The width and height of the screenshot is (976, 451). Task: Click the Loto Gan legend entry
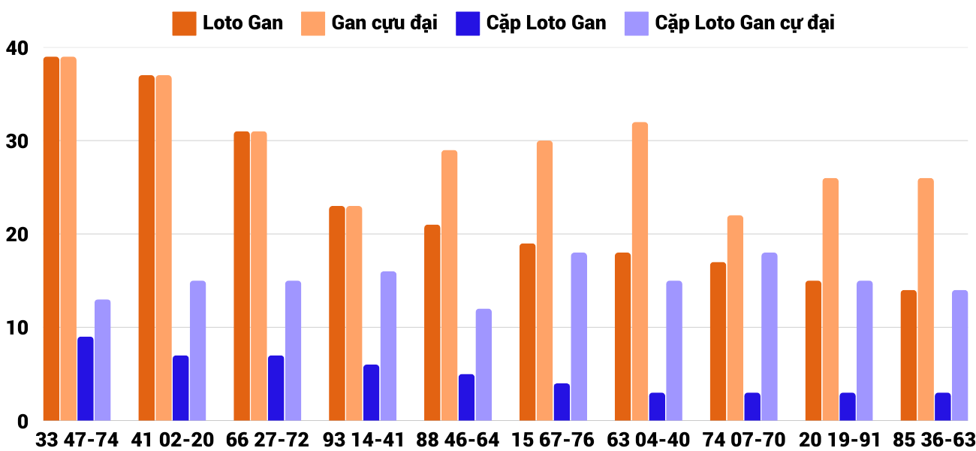228,23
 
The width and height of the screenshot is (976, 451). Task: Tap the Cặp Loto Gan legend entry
531,23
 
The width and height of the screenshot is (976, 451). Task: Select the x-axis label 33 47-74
77,440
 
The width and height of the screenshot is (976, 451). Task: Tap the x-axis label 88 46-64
457,440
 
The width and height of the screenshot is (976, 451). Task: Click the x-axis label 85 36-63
933,440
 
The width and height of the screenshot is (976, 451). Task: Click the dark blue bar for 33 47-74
86,379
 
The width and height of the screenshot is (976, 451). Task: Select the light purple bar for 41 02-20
197,351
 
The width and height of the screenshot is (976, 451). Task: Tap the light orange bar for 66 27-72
259,276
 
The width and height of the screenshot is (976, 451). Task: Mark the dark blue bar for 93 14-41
371,392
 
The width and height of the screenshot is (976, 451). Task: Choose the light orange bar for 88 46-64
449,286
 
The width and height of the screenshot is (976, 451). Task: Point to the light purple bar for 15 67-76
579,337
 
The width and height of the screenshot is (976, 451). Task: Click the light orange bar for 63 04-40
640,271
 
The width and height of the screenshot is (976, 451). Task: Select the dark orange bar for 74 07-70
718,341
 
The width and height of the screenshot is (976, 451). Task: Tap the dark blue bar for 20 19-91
847,407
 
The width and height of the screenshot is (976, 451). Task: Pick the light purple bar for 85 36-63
959,356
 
